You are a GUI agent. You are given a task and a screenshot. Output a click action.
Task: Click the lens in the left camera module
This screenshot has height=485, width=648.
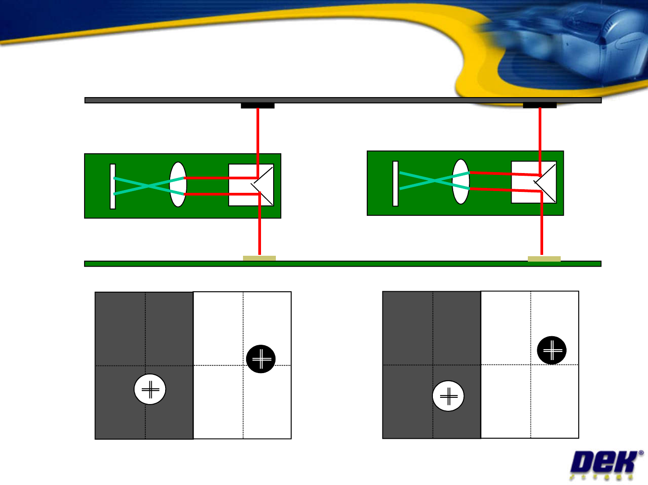click(178, 184)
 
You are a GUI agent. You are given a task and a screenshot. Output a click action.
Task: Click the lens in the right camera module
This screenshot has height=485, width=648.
click(461, 182)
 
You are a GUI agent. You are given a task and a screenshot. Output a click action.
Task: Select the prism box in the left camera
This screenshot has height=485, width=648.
click(251, 185)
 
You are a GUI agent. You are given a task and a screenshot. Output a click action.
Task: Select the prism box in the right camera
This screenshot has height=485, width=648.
click(533, 182)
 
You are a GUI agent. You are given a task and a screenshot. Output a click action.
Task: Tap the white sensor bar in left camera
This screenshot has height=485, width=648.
click(112, 186)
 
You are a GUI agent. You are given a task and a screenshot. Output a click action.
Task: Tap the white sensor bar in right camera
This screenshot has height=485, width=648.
click(395, 183)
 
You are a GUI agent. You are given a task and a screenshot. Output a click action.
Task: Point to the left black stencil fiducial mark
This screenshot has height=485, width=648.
click(257, 106)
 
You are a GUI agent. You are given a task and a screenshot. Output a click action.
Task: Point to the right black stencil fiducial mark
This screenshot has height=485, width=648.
click(540, 105)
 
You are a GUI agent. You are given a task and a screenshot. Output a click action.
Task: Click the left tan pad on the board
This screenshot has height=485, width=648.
click(259, 258)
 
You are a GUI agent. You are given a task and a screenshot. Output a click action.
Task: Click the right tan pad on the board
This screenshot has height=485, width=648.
click(544, 259)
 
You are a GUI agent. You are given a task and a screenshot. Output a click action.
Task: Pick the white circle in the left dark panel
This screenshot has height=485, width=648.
click(150, 389)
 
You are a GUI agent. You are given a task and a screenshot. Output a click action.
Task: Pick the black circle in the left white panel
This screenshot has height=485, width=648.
click(261, 359)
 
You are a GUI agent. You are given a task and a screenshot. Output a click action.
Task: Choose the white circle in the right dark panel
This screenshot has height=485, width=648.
click(448, 396)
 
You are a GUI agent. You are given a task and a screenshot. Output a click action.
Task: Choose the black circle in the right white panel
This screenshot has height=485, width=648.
click(552, 350)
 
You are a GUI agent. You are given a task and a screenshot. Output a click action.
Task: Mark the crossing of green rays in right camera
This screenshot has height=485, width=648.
click(434, 181)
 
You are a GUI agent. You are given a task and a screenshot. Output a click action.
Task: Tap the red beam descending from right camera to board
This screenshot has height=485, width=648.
click(542, 229)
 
